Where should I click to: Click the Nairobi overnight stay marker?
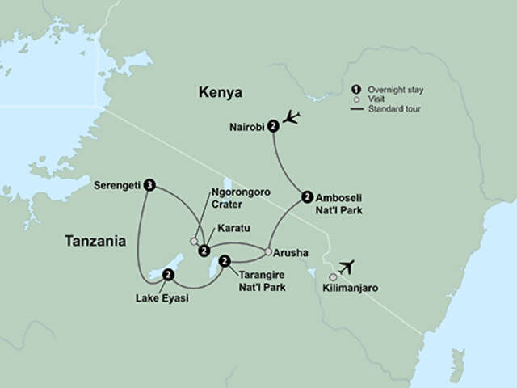[274, 125]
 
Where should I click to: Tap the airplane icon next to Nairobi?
[292, 118]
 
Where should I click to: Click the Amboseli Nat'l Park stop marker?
[306, 196]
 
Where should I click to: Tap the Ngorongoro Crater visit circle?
[194, 240]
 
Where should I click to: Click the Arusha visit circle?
[267, 251]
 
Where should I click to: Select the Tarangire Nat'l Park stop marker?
[225, 260]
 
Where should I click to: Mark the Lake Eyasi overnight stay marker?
[167, 276]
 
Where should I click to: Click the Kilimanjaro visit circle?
[333, 276]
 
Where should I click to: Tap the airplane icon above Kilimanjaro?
[347, 266]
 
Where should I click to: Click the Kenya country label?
[221, 93]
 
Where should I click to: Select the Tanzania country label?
[95, 240]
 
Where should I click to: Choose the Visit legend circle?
[355, 98]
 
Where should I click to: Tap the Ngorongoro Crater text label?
[239, 199]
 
